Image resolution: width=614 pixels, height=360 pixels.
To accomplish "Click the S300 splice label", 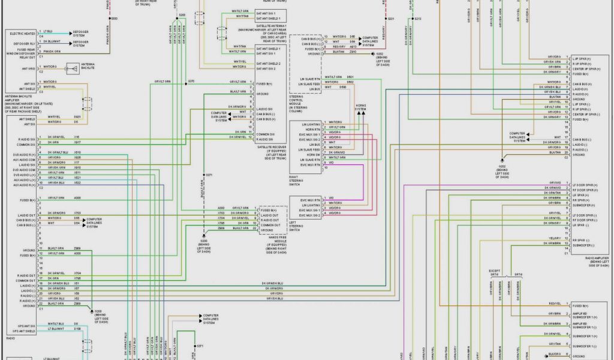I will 115,19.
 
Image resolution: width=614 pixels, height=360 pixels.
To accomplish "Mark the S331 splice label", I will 391,19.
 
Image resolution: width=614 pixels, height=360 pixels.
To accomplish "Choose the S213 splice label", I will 418,19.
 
